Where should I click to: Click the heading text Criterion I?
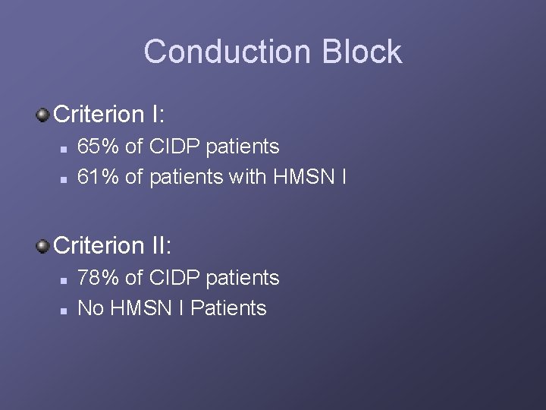[111, 115]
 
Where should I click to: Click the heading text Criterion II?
[114, 246]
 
